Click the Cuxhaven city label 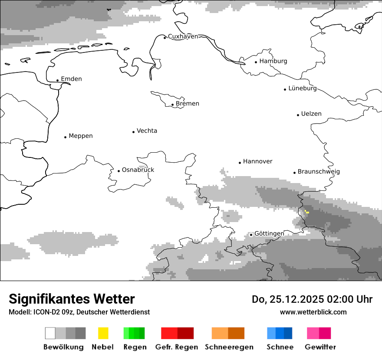coord(183,36)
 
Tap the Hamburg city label coord(273,61)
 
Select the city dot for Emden coord(57,80)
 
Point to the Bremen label coord(188,104)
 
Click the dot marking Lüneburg coord(285,89)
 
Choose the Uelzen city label coord(311,114)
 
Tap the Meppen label coord(81,136)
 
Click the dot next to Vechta coord(133,132)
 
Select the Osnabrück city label coord(138,170)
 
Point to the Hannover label coord(257,161)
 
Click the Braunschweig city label coord(319,172)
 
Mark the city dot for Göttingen coord(251,235)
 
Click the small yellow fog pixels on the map coord(306,212)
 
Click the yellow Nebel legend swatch coord(103,333)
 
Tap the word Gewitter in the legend coord(320,347)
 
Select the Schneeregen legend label coord(229,347)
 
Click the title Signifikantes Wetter coord(72,299)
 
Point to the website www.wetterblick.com coord(313,312)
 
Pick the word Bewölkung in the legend coord(63,347)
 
